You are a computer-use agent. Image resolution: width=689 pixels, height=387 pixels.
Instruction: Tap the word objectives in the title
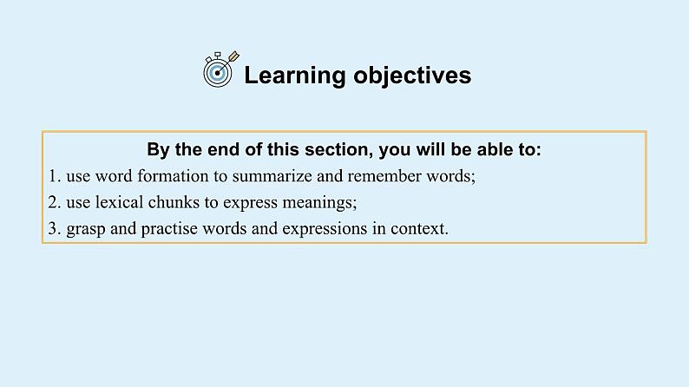coord(412,75)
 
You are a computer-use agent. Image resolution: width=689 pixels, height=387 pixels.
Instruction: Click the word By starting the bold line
coord(157,150)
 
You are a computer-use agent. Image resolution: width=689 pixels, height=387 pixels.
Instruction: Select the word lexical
coord(116,202)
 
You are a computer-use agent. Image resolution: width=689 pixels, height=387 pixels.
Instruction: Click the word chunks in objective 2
coord(171,202)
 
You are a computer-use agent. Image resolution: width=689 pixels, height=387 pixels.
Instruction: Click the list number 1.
coord(54,176)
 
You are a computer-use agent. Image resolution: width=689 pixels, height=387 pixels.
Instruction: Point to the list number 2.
coord(54,202)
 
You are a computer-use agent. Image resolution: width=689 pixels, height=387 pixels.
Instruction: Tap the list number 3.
coord(54,229)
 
